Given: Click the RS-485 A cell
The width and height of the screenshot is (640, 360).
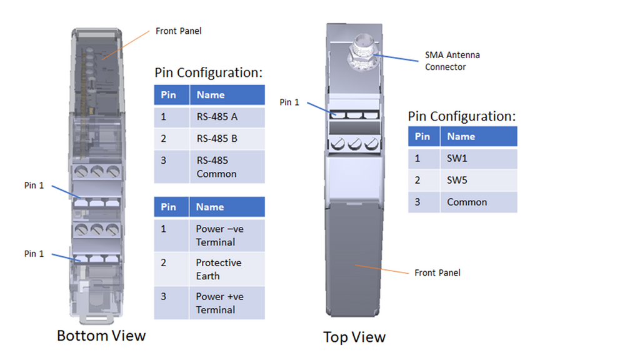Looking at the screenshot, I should (216, 117).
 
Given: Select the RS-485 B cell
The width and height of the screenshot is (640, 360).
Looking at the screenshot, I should (216, 139).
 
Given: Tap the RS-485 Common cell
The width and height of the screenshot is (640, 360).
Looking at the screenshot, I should (216, 167).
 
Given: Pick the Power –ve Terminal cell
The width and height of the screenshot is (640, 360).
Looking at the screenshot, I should (219, 236).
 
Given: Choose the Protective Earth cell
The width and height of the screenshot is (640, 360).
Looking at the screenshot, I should (218, 269).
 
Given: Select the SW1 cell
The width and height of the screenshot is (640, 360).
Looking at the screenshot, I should (457, 158).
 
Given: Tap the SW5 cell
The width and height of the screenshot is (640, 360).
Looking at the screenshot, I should (457, 180).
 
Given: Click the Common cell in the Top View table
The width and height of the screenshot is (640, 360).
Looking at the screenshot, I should (467, 202).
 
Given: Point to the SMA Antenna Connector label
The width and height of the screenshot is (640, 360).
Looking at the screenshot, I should (452, 61).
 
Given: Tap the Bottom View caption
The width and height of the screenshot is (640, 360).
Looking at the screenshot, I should (101, 336).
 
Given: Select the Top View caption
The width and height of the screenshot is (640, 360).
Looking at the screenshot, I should (354, 337).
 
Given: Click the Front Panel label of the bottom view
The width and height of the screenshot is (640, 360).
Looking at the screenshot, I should (179, 31).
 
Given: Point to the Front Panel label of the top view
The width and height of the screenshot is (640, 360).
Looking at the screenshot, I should (437, 272).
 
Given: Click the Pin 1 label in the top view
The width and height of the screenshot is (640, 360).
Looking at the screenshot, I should (289, 102).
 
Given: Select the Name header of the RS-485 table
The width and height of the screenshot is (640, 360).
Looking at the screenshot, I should (211, 95).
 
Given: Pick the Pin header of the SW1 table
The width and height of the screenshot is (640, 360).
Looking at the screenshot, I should (422, 136).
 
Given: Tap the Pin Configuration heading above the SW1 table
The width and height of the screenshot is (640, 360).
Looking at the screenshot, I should (462, 116).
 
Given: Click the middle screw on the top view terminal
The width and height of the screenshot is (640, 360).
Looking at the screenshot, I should (354, 143).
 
